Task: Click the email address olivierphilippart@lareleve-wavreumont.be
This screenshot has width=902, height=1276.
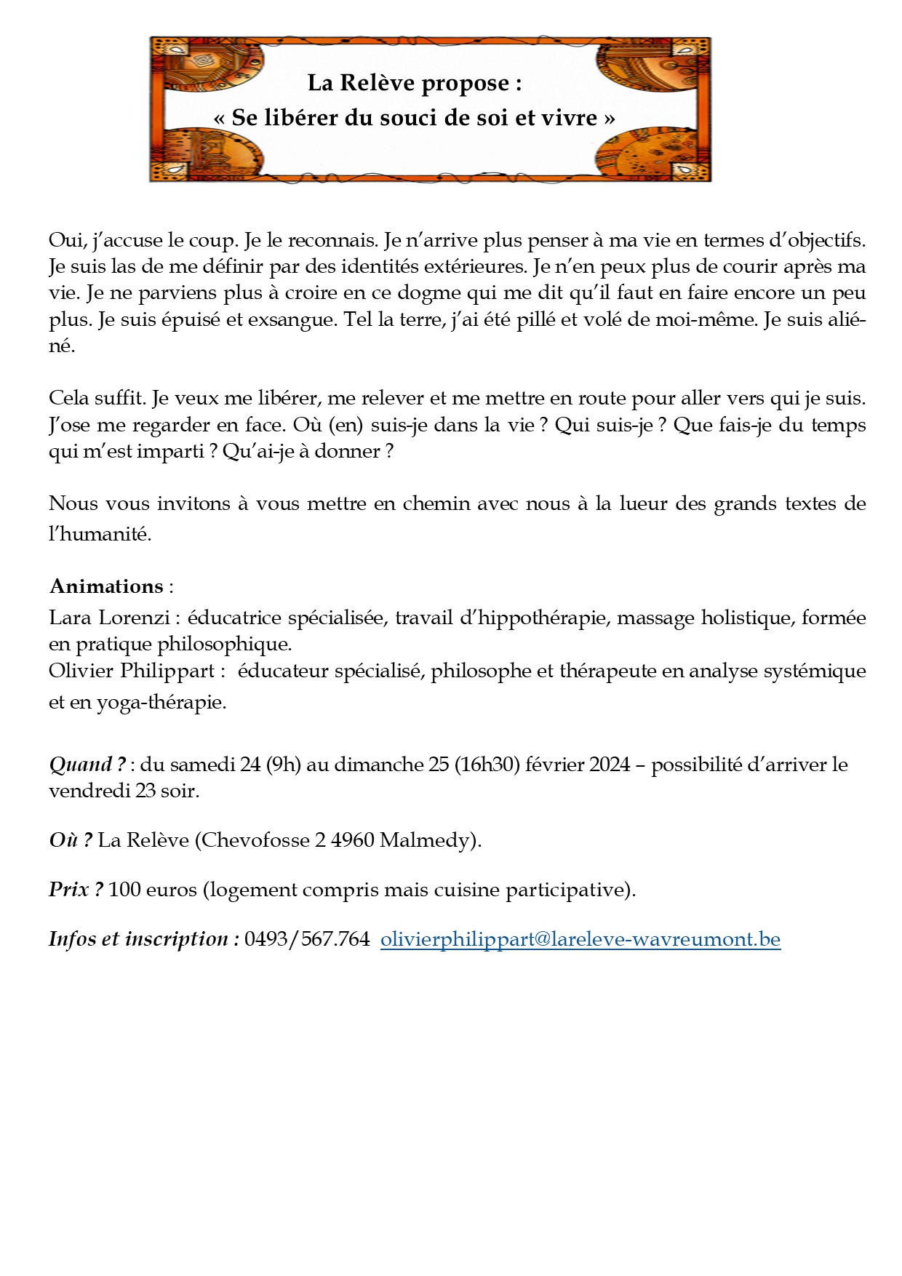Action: tap(580, 939)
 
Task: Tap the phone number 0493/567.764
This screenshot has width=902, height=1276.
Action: tap(307, 939)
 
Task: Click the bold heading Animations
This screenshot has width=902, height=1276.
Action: tap(106, 586)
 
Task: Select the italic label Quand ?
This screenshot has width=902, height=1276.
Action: tap(87, 765)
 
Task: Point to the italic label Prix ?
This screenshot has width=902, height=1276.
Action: tap(76, 890)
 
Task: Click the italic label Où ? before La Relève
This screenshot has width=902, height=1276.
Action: tap(71, 840)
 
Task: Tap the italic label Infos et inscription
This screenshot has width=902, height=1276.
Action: tap(143, 939)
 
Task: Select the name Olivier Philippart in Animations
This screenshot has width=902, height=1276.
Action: tap(131, 671)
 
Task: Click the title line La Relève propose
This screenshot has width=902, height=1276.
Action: tap(414, 84)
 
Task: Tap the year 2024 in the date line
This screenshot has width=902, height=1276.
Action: tap(610, 765)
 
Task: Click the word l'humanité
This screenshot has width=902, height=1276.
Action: tap(100, 535)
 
